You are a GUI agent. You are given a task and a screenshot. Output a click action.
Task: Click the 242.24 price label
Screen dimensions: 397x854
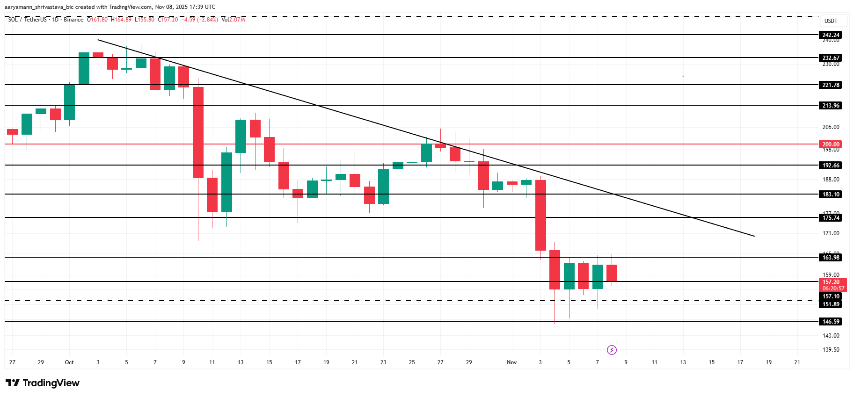click(831, 35)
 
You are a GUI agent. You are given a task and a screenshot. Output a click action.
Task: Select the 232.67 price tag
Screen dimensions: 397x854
click(831, 58)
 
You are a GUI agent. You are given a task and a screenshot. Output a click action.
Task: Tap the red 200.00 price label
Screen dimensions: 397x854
click(831, 144)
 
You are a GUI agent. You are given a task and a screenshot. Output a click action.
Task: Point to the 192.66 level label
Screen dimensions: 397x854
click(831, 166)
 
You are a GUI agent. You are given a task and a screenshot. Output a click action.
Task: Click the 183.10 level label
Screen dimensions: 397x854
click(831, 195)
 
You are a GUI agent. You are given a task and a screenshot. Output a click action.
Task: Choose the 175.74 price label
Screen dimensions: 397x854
click(831, 218)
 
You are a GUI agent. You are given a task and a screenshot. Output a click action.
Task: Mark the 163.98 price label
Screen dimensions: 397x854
click(831, 258)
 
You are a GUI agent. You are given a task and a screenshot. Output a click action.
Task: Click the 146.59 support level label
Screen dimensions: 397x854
click(831, 322)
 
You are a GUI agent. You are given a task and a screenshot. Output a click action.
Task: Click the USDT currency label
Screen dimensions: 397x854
click(831, 21)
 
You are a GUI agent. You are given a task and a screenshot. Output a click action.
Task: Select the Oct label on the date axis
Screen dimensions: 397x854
click(69, 362)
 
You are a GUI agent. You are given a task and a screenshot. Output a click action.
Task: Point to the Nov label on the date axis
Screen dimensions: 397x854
click(512, 362)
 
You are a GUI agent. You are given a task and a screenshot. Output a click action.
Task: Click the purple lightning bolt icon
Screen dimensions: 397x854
click(612, 350)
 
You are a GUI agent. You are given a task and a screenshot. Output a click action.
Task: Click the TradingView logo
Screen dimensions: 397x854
click(43, 383)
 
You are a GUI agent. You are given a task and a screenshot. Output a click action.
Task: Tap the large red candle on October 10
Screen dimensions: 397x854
click(198, 132)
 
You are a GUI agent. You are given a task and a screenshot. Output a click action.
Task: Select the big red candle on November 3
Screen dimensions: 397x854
click(540, 215)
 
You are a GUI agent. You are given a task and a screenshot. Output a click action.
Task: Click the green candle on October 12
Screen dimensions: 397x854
click(227, 182)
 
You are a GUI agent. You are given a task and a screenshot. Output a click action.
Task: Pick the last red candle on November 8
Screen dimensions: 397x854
click(612, 273)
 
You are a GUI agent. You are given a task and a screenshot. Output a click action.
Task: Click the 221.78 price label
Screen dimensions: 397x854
click(831, 85)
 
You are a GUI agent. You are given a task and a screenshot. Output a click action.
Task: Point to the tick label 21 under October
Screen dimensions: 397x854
click(355, 362)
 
